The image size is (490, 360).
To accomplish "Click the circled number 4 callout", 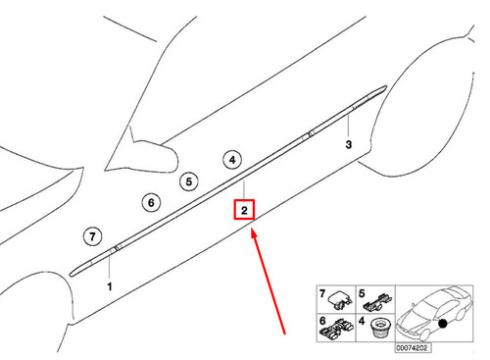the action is point(232,160).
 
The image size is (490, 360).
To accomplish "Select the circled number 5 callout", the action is point(189,181).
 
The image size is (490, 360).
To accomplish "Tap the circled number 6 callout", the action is point(151,202).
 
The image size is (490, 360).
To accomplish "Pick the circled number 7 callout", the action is point(92,236).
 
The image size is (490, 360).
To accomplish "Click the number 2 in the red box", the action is point(244,210).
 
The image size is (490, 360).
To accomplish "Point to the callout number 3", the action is point(349,144).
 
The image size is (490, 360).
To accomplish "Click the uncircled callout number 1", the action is point(110,286).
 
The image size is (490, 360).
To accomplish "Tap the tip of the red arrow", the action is point(252,230).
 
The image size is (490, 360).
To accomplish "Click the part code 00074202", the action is point(412,348).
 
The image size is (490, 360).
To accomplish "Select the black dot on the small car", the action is point(443,324).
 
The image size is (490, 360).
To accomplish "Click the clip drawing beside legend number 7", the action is point(340,300).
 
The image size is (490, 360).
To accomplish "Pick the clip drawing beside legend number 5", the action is point(378,302).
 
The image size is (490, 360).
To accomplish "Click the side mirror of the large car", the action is point(144,154).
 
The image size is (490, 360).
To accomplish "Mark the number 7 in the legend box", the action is point(322,293).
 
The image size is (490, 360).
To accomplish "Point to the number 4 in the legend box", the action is point(362,321).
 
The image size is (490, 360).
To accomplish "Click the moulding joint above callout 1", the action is point(116,247).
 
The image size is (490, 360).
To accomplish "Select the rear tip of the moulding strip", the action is point(386,87).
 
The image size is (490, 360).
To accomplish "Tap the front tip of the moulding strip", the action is point(72,274).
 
